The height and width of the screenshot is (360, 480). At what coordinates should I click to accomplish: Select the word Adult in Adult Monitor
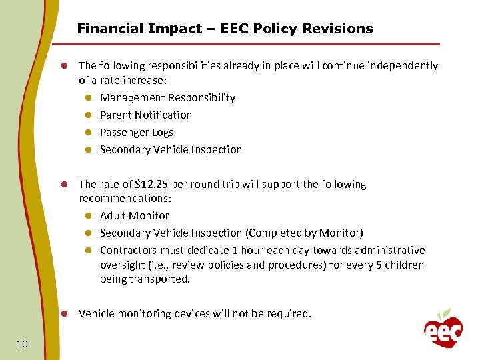pyautogui.click(x=113, y=215)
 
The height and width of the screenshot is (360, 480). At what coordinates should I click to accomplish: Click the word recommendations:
pyautogui.click(x=114, y=198)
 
